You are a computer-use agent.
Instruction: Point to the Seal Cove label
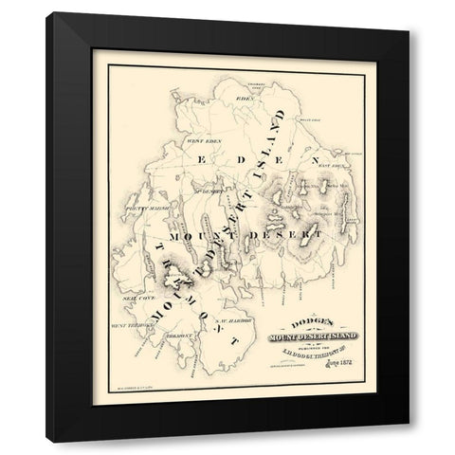click(x=138, y=296)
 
